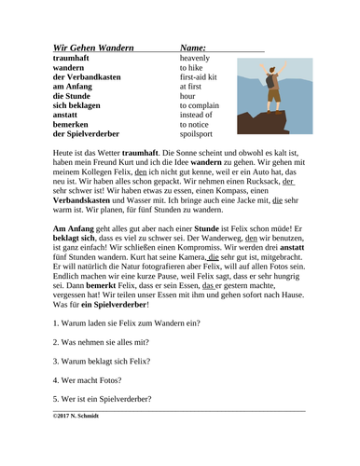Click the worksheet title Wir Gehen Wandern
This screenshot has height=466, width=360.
tap(93, 46)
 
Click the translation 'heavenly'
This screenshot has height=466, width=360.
tap(197, 57)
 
